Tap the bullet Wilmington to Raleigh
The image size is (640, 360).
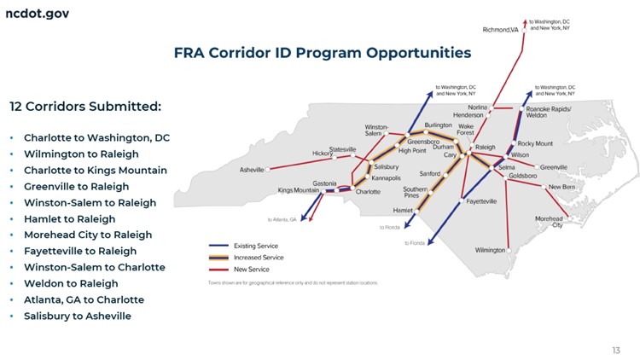(x=81, y=154)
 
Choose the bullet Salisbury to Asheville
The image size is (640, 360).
(x=78, y=316)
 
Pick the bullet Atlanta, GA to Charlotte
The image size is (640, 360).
(x=84, y=299)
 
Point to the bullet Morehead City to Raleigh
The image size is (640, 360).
(x=88, y=235)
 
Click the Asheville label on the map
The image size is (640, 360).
(x=252, y=170)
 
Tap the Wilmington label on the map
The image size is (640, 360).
(x=491, y=250)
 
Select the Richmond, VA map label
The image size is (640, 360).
(x=500, y=30)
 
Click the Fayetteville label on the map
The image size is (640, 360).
(x=481, y=201)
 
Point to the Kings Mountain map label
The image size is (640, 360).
(x=298, y=190)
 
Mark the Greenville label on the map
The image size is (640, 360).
(x=553, y=167)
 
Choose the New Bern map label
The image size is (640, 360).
(x=561, y=187)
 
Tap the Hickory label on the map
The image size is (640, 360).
(x=322, y=154)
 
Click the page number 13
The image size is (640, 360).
(x=616, y=350)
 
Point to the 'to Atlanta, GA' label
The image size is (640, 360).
(x=282, y=219)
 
